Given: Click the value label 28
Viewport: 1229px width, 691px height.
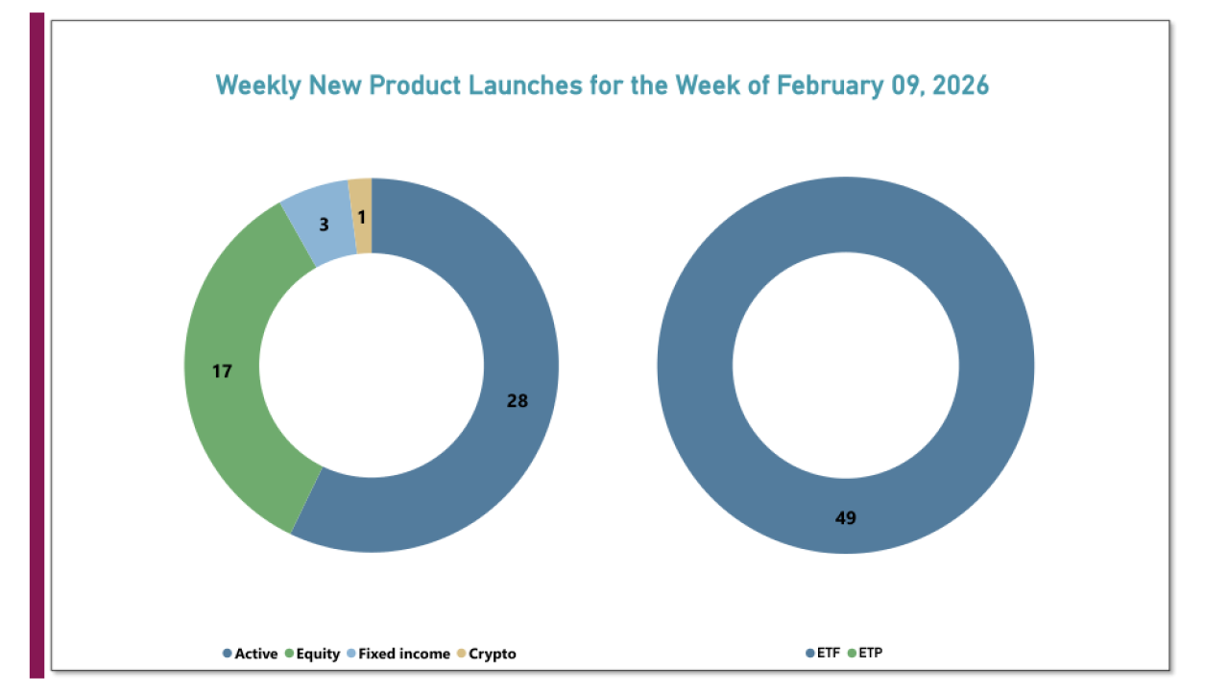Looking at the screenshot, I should [x=518, y=401].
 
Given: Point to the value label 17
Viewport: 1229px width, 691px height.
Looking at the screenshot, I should [x=222, y=370].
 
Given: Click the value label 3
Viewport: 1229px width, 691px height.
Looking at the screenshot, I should [x=324, y=225].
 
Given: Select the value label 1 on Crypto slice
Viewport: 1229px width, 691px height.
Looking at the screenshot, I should [x=361, y=218].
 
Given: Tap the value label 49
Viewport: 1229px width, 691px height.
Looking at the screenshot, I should [x=846, y=518].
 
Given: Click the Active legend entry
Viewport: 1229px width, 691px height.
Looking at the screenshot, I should [x=254, y=654].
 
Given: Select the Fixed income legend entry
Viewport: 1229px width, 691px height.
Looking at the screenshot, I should [x=403, y=654].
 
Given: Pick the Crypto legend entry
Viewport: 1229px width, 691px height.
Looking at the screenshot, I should [x=492, y=654].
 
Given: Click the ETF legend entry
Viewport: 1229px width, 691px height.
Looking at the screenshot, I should [x=828, y=654].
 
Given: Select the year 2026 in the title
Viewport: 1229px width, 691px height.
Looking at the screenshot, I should [x=957, y=85].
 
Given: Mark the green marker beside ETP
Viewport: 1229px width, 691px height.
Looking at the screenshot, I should [x=851, y=654].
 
